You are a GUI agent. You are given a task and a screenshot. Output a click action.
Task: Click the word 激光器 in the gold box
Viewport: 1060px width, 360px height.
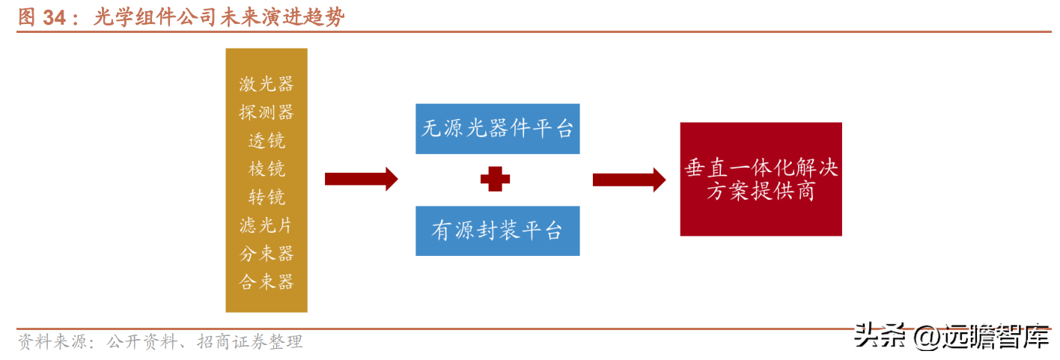pyautogui.click(x=266, y=84)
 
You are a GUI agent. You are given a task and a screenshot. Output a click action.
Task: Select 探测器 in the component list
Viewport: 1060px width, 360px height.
pyautogui.click(x=266, y=112)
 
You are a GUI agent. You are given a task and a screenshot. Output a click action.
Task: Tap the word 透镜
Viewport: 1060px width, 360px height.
pyautogui.click(x=266, y=141)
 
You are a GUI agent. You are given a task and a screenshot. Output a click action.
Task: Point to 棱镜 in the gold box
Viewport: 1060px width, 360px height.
pyautogui.click(x=266, y=169)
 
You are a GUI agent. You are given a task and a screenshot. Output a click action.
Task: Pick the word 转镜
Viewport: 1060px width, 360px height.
pyautogui.click(x=266, y=198)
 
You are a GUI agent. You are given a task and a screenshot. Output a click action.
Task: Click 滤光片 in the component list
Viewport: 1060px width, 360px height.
pyautogui.click(x=266, y=225)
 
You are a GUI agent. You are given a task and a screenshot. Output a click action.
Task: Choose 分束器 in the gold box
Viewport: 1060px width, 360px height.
pyautogui.click(x=266, y=254)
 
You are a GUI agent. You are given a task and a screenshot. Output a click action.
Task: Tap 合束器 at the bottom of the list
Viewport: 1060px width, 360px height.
pyautogui.click(x=266, y=282)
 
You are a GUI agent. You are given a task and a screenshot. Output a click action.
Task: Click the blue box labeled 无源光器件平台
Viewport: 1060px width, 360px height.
pyautogui.click(x=497, y=129)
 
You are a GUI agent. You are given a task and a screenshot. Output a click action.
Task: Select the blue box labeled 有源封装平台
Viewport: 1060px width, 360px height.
pyautogui.click(x=497, y=231)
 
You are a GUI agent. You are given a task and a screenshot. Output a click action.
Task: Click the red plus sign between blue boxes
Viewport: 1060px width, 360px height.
pyautogui.click(x=495, y=180)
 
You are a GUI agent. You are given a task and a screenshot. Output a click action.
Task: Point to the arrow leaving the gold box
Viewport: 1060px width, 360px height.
pyautogui.click(x=361, y=180)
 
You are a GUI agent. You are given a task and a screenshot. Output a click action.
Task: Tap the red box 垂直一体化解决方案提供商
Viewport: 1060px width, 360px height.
pyautogui.click(x=761, y=180)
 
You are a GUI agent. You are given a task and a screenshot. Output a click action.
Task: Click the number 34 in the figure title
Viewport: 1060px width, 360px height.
pyautogui.click(x=55, y=18)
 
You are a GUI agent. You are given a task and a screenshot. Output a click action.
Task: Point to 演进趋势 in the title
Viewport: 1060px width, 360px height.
pyautogui.click(x=307, y=18)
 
